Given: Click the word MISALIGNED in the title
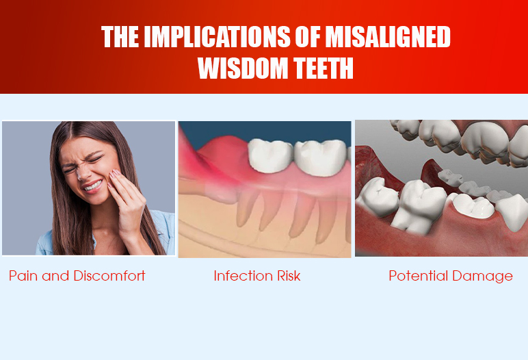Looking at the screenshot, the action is click(388, 37).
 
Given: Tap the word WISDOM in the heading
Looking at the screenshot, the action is click(243, 68).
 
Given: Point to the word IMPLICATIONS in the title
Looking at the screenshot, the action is click(217, 37).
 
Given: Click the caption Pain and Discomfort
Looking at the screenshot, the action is click(77, 276).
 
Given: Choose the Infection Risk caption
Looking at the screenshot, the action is click(257, 276).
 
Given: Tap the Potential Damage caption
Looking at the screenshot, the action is click(451, 276).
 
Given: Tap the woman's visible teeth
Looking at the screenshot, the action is click(93, 185).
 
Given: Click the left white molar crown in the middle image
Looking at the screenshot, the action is click(270, 156).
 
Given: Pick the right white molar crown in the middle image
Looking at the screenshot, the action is click(321, 157).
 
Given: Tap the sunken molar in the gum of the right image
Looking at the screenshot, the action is click(473, 205).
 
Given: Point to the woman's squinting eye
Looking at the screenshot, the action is click(96, 157).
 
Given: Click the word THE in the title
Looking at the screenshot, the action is click(120, 37).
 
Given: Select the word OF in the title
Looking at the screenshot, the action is click(308, 37).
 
